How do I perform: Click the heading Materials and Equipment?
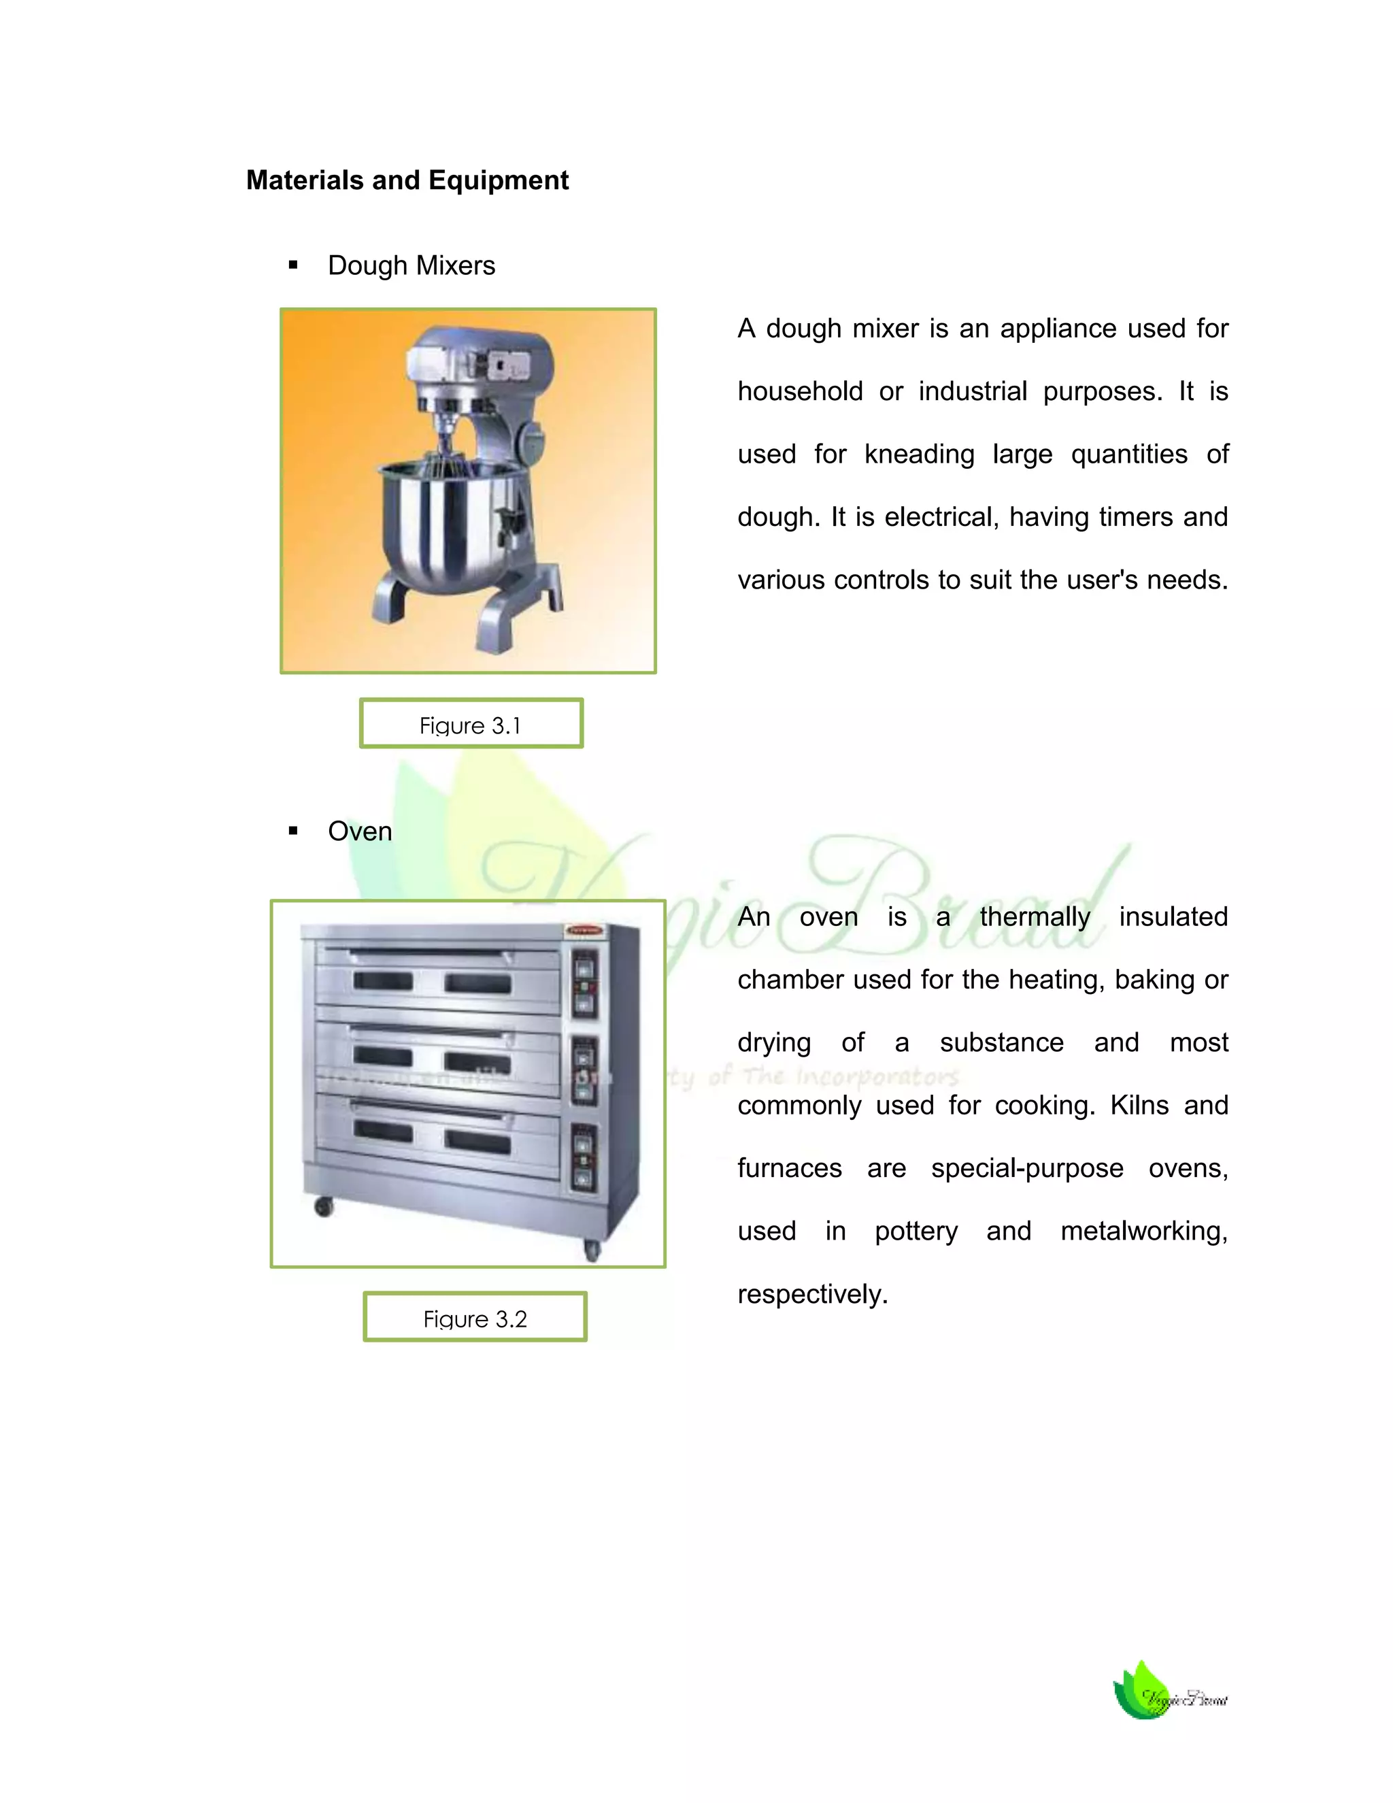407,180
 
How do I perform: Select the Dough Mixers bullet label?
411,266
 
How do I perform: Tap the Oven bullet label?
360,831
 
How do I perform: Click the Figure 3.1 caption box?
471,724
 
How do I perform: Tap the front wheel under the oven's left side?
324,1207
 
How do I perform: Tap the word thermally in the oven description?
1035,917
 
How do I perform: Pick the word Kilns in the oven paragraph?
1139,1106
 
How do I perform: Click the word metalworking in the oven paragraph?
1144,1231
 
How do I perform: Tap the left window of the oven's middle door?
382,1057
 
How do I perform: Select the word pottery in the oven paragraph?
916,1231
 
